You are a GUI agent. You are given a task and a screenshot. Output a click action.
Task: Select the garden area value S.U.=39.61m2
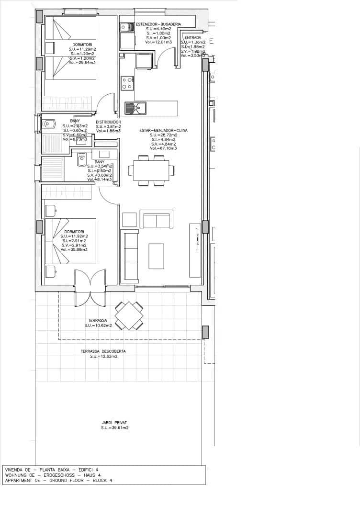pyautogui.click(x=114, y=428)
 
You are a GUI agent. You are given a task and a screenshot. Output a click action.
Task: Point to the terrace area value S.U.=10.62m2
pyautogui.click(x=98, y=326)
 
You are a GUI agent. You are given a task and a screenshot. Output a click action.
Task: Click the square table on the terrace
pyautogui.click(x=128, y=315)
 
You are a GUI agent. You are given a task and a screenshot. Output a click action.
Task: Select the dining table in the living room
pyautogui.click(x=151, y=170)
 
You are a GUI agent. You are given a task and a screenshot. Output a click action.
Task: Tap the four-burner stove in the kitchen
pyautogui.click(x=127, y=83)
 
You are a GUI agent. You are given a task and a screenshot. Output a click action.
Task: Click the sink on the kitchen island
pyautogui.click(x=135, y=108)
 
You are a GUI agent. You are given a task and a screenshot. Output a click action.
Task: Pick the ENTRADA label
pyautogui.click(x=192, y=37)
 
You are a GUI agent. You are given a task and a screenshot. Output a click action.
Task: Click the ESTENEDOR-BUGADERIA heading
pyautogui.click(x=158, y=24)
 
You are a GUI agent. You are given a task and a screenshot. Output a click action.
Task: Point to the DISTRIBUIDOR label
pyautogui.click(x=108, y=122)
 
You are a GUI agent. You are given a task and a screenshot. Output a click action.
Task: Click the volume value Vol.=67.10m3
pyautogui.click(x=163, y=148)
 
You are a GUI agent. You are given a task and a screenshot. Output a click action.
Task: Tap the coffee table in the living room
pyautogui.click(x=156, y=256)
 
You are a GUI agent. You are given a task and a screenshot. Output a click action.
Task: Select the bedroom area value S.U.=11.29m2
pyautogui.click(x=82, y=49)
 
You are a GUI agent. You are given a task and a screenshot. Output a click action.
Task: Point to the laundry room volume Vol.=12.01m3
pyautogui.click(x=158, y=42)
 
